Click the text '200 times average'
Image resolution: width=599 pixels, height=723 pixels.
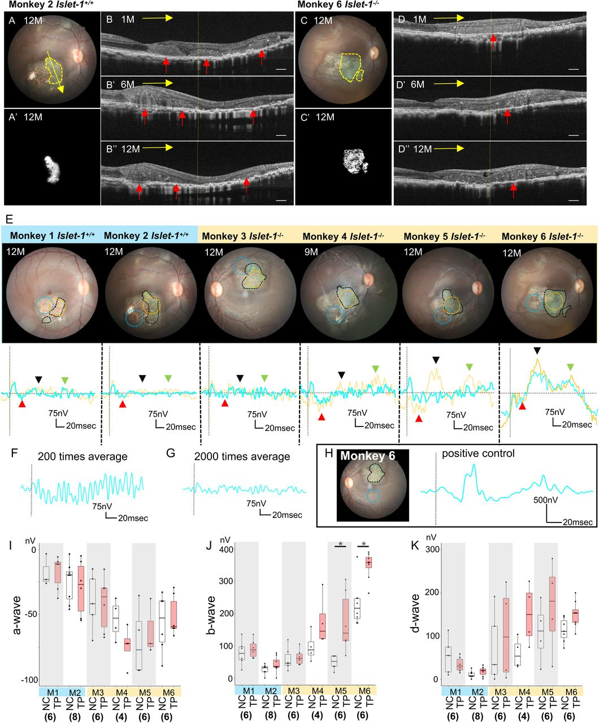(x=83, y=457)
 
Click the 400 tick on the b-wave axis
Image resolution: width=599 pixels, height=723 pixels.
(x=225, y=550)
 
